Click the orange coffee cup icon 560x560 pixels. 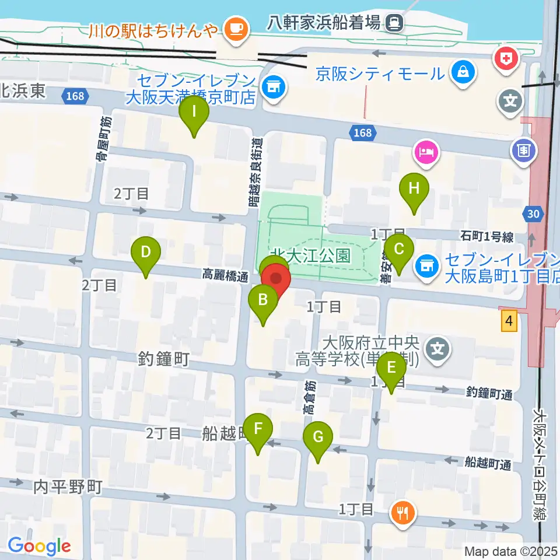(x=236, y=27)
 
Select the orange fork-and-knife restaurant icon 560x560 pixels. (x=403, y=513)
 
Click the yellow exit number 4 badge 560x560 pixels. (x=510, y=321)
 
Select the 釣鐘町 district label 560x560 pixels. (x=164, y=359)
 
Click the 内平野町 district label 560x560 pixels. (x=67, y=485)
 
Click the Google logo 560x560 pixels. (x=39, y=546)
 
